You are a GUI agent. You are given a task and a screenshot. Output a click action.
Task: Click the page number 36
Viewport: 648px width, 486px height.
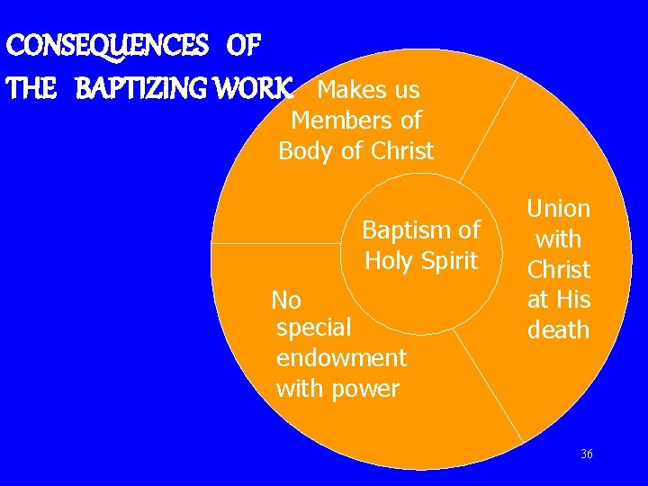click(587, 454)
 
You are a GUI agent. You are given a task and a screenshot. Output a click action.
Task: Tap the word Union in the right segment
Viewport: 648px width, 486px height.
click(559, 209)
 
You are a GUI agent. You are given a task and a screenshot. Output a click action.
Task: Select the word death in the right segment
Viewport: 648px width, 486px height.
click(559, 330)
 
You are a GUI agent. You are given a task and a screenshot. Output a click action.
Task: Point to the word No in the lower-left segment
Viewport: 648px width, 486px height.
click(286, 300)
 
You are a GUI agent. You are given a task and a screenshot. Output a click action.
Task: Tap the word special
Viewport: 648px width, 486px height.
click(313, 328)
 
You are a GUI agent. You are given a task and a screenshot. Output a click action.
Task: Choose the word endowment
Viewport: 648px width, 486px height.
click(341, 358)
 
